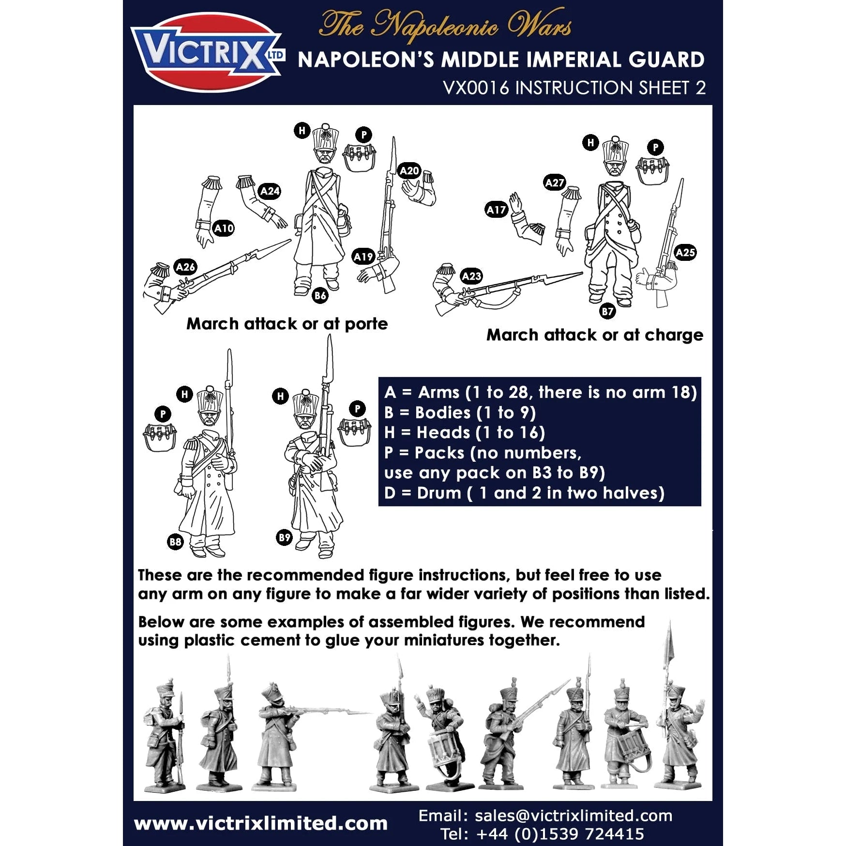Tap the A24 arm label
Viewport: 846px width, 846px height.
(x=270, y=191)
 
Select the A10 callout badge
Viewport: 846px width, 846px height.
(x=224, y=228)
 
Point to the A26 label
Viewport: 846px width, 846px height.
(x=185, y=267)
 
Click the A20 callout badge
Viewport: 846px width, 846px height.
(x=409, y=171)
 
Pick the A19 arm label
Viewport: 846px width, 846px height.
(x=363, y=257)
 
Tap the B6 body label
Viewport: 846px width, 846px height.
(x=320, y=295)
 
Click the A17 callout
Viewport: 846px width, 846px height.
(x=496, y=210)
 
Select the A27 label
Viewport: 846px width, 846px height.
(x=554, y=183)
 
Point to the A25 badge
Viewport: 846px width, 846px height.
(x=685, y=253)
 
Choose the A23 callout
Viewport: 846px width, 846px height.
(x=471, y=276)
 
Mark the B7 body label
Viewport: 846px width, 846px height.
(x=607, y=311)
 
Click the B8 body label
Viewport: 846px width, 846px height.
(x=175, y=542)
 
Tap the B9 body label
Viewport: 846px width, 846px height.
(x=284, y=537)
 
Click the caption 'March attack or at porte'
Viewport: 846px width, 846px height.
(x=287, y=324)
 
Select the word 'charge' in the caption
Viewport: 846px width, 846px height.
(x=674, y=335)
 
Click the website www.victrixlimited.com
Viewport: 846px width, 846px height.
(x=261, y=823)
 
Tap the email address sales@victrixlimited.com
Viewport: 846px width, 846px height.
(x=574, y=816)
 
